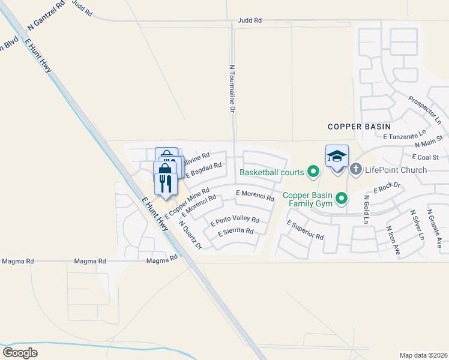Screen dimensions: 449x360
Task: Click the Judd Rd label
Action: click(250, 20)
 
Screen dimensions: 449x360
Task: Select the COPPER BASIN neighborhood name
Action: click(359, 127)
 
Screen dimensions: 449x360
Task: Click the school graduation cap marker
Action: click(337, 157)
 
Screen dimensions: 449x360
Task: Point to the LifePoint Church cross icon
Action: click(355, 170)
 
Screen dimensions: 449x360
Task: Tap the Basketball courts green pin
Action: click(313, 172)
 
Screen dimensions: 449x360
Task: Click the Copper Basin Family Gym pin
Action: click(342, 198)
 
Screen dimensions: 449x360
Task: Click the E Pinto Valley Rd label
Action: click(235, 220)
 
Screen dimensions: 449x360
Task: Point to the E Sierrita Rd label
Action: click(236, 231)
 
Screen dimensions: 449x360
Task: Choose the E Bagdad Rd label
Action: click(204, 170)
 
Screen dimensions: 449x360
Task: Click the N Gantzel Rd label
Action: click(46, 14)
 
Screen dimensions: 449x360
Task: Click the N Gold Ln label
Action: click(364, 208)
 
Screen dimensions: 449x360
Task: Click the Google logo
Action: click(20, 352)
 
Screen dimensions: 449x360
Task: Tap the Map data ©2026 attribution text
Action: click(423, 355)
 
